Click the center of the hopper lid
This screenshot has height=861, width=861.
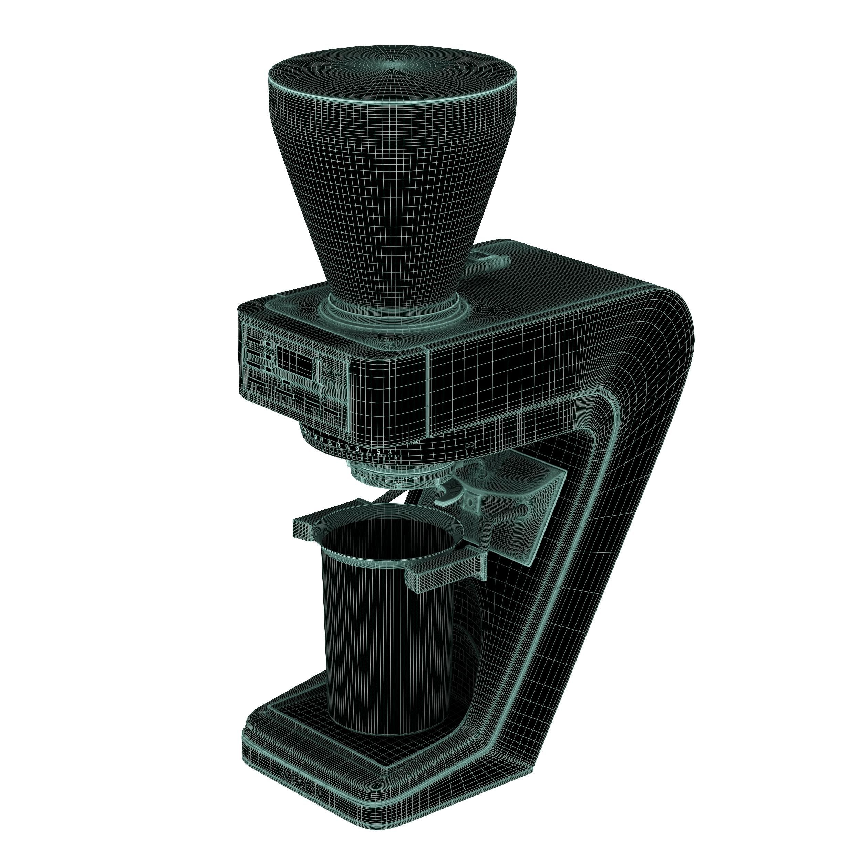(393, 65)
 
